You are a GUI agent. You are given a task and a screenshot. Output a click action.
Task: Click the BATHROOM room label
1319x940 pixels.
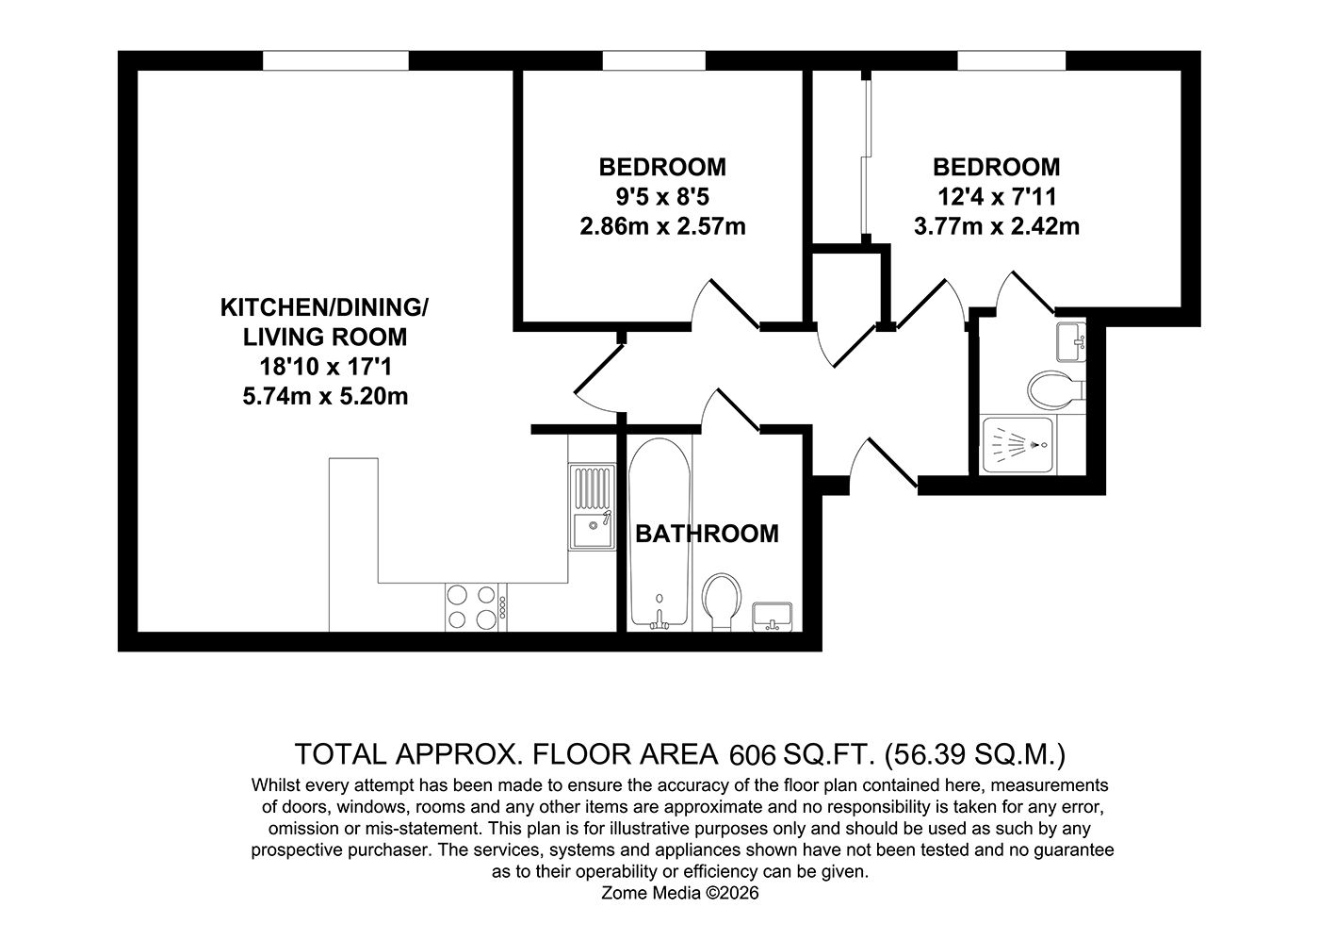(707, 534)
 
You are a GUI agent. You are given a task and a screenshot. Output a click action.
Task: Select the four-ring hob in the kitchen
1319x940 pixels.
(472, 607)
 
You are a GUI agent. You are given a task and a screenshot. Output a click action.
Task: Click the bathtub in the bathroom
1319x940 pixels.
(659, 534)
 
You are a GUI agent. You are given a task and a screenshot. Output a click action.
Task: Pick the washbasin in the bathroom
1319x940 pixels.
(772, 617)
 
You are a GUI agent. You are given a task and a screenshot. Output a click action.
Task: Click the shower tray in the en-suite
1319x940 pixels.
(1017, 445)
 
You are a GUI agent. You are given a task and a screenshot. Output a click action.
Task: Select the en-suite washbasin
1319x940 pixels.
(1071, 342)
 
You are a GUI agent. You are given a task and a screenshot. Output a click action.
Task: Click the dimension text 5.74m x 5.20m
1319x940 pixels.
(325, 397)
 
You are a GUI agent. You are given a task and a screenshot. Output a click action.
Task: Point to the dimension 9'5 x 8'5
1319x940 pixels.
(662, 197)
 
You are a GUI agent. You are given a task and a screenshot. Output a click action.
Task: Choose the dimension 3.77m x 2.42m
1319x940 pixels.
(997, 226)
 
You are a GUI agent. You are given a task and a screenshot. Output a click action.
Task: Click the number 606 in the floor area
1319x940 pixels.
(753, 755)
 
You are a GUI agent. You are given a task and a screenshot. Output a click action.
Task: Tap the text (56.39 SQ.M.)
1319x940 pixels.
(975, 754)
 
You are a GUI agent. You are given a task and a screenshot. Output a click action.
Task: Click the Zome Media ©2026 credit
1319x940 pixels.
(680, 893)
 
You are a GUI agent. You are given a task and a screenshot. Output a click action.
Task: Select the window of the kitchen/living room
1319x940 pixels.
(335, 60)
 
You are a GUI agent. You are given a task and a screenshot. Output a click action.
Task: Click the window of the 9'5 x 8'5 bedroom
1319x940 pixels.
(654, 60)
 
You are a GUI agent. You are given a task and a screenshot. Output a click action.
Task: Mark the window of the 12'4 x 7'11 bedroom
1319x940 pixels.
(1012, 60)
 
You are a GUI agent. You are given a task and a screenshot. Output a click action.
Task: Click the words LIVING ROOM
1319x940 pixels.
(325, 338)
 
